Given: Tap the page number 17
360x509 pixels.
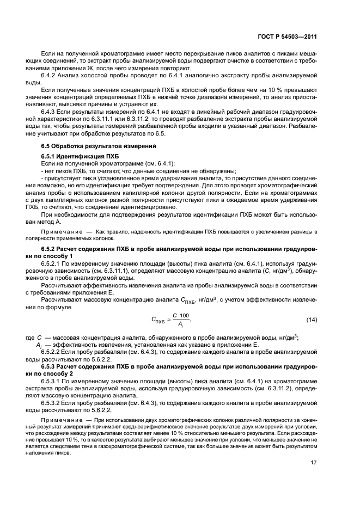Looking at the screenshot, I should pos(313,464).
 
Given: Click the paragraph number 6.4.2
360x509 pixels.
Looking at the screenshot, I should pos(50,76).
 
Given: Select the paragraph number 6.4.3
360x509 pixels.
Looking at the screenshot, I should pos(50,111).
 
